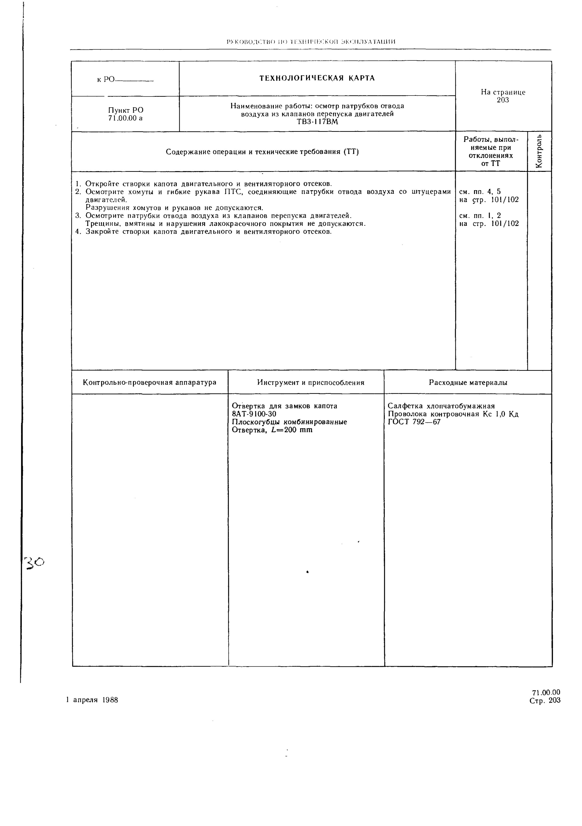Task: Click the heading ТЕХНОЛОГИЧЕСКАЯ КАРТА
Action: click(317, 78)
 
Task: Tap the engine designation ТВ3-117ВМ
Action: click(317, 122)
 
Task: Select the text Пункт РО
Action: click(126, 110)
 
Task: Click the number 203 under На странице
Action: click(503, 100)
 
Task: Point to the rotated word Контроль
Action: click(539, 151)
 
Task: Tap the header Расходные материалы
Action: click(468, 383)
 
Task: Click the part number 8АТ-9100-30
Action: click(254, 414)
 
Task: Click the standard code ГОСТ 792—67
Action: click(414, 422)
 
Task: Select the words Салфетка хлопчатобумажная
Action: click(441, 406)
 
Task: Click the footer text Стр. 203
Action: click(545, 700)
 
